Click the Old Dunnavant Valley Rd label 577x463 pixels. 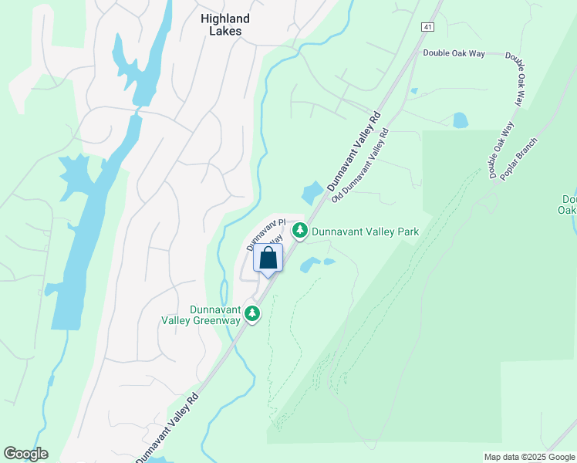click(360, 166)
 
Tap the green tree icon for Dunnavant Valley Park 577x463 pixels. click(299, 230)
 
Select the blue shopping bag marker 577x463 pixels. click(268, 259)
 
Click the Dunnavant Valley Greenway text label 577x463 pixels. click(201, 314)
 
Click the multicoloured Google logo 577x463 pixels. click(25, 454)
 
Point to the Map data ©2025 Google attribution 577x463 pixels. click(528, 457)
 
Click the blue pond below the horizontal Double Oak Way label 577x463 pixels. click(461, 120)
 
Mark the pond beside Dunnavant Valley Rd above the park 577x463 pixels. click(313, 191)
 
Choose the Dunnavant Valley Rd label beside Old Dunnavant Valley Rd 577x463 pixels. click(354, 151)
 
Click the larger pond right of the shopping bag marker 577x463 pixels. click(309, 265)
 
